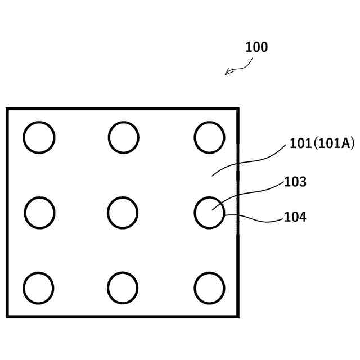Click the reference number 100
click(256, 47)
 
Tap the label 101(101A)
click(322, 143)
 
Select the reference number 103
click(295, 182)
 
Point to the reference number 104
click(295, 217)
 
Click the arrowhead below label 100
click(227, 73)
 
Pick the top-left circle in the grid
click(39, 137)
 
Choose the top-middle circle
click(123, 137)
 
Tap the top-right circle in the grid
click(209, 137)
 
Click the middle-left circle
click(39, 213)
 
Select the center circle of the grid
click(122, 213)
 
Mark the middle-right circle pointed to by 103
click(209, 213)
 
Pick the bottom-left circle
click(38, 287)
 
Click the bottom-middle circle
click(122, 287)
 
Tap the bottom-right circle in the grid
click(209, 287)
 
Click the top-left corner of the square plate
click(7, 109)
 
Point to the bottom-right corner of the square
click(237, 316)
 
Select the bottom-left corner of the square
click(7, 316)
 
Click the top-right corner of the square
click(237, 109)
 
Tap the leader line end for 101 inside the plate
click(212, 175)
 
